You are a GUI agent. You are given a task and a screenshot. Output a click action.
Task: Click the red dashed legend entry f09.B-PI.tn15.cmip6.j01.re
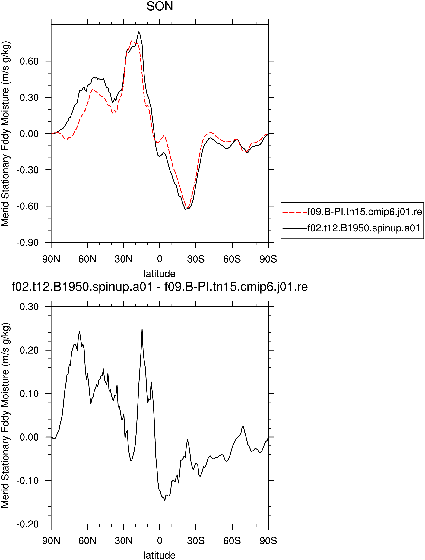pyautogui.click(x=352, y=212)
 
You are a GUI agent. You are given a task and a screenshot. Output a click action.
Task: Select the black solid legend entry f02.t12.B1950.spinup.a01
pyautogui.click(x=351, y=228)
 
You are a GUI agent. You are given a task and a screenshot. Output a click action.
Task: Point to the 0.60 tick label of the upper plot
pyautogui.click(x=29, y=61)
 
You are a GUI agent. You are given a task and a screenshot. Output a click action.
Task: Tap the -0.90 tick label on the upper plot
pyautogui.click(x=27, y=242)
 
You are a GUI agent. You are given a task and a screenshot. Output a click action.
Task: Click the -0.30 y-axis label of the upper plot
pyautogui.click(x=27, y=170)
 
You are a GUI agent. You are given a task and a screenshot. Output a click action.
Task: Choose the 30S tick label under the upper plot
pyautogui.click(x=196, y=259)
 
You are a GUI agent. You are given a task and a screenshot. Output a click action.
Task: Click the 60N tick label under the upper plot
pyautogui.click(x=87, y=259)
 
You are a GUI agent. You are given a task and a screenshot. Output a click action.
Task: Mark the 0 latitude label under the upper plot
pyautogui.click(x=160, y=259)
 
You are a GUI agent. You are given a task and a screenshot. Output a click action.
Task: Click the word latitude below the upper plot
pyautogui.click(x=159, y=274)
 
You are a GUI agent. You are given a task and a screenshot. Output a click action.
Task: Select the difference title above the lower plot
pyautogui.click(x=160, y=287)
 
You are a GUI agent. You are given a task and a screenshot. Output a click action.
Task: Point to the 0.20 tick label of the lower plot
pyautogui.click(x=29, y=350)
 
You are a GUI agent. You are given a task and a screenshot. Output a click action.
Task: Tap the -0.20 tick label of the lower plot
pyautogui.click(x=27, y=524)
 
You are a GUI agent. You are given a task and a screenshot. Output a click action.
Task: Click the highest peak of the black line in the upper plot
pyautogui.click(x=138, y=32)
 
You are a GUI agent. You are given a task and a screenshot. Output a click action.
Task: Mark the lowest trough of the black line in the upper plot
pyautogui.click(x=185, y=210)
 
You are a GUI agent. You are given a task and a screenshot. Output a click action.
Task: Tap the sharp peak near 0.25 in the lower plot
pyautogui.click(x=142, y=329)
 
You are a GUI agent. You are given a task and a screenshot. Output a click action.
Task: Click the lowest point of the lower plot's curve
pyautogui.click(x=165, y=501)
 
